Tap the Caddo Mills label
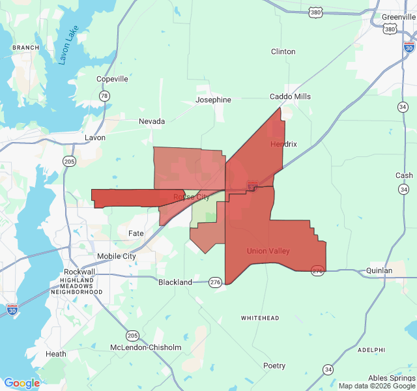[291, 96]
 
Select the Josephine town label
[213, 100]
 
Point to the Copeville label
[112, 79]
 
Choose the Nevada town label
[152, 121]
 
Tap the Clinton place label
[283, 51]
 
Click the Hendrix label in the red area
[283, 144]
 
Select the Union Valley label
[268, 251]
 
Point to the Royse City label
[192, 197]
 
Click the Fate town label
[136, 233]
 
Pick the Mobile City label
[117, 256]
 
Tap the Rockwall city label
[79, 272]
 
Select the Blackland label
[175, 282]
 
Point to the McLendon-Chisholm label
[145, 347]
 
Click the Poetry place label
[274, 366]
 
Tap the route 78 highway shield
[104, 96]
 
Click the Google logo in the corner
[22, 383]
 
